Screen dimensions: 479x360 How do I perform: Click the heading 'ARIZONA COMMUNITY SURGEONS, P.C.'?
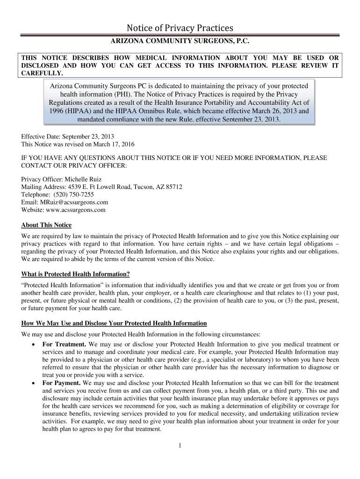(x=180, y=42)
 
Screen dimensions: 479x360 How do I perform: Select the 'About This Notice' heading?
(x=46, y=225)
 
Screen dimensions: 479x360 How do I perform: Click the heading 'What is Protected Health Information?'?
(x=75, y=274)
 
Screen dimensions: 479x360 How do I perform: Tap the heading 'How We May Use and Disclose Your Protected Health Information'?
(x=114, y=323)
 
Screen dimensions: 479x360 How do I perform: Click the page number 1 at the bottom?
(x=180, y=445)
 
